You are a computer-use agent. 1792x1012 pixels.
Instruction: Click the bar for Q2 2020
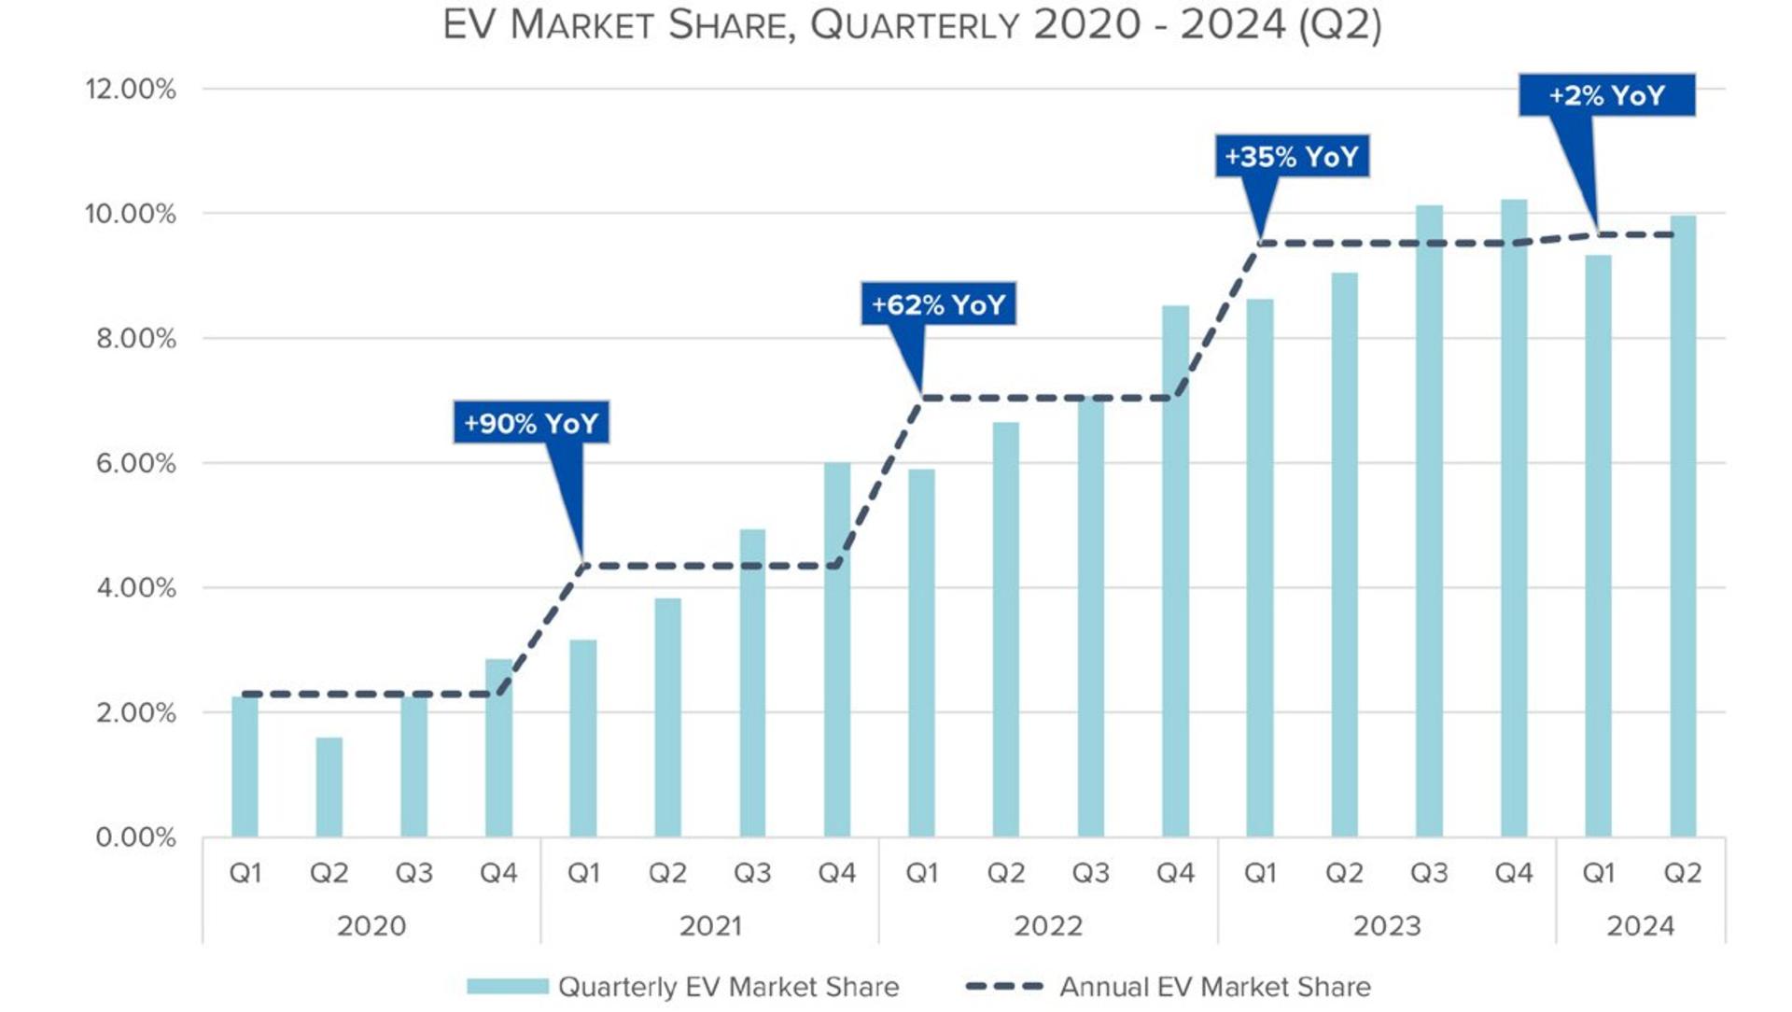[329, 787]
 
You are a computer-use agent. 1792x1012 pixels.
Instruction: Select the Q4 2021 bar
[837, 649]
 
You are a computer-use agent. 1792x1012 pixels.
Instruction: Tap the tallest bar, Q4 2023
[1514, 518]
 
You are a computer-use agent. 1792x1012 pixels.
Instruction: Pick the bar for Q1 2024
[1598, 546]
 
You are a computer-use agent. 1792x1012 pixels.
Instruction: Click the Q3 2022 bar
[1091, 617]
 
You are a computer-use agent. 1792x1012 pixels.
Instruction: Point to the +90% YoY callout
[531, 423]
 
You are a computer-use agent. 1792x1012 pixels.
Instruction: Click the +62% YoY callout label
[938, 304]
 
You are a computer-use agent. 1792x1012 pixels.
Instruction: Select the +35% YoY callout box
[1292, 156]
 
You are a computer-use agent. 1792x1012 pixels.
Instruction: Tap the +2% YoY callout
[1606, 95]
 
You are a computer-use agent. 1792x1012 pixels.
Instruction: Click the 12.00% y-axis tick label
[131, 90]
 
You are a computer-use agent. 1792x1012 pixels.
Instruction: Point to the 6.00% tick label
[135, 463]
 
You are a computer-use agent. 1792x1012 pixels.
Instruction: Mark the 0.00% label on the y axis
[135, 837]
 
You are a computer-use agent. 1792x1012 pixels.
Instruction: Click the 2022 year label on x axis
[1048, 926]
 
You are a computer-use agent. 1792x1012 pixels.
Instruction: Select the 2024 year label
[1640, 926]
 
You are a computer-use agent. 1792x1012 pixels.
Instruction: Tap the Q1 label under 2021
[583, 873]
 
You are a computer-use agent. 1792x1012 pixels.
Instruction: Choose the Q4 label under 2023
[1514, 873]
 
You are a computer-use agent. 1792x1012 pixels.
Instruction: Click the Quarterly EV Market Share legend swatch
[508, 987]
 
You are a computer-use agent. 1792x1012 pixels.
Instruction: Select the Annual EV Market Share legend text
[1215, 987]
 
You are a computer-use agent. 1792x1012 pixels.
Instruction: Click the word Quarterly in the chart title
[915, 25]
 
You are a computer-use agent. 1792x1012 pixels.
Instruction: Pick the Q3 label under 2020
[413, 873]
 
